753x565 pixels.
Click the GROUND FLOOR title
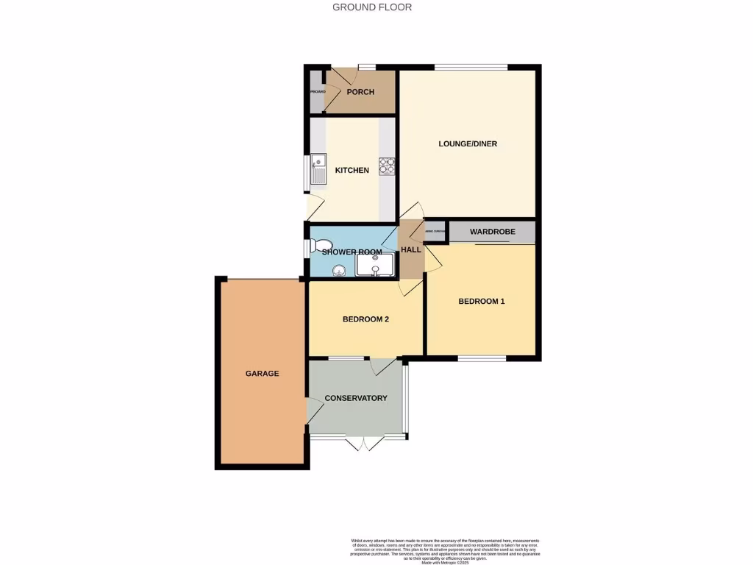[372, 7]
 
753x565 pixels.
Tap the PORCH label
[360, 92]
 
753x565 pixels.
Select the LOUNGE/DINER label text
[468, 143]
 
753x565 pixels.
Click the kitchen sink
[318, 169]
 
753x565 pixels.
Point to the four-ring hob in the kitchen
[387, 166]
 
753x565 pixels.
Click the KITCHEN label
[352, 171]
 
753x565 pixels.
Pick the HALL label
[411, 250]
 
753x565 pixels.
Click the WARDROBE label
[492, 232]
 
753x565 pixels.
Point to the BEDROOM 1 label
[482, 301]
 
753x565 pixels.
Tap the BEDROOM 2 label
[365, 319]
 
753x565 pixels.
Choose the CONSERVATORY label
[356, 398]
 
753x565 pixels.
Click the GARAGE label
[262, 374]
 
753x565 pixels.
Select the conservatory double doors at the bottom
[365, 441]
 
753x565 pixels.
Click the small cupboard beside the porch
[316, 92]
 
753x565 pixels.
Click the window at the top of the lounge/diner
[470, 68]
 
